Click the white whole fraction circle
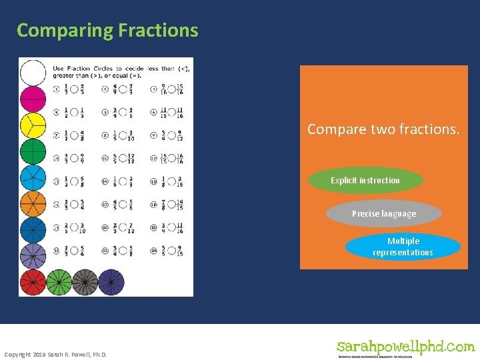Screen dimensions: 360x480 [33, 73]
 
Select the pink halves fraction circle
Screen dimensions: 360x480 [33, 99]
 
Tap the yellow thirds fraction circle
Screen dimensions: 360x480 [33, 125]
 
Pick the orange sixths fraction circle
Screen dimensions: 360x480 [33, 204]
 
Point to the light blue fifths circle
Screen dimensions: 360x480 [33, 178]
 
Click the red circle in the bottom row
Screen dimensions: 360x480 [33, 282]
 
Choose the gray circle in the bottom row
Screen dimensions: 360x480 [85, 282]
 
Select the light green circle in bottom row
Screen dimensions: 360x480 [59, 282]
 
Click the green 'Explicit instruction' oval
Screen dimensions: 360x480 [365, 181]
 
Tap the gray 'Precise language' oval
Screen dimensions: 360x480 [384, 214]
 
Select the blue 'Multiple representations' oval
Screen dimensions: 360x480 [403, 247]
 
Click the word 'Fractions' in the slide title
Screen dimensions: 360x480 [158, 31]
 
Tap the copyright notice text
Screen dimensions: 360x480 [55, 353]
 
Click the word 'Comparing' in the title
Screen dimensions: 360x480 [65, 31]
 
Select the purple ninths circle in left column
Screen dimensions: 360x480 [33, 256]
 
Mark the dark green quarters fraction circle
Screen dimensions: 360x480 [33, 151]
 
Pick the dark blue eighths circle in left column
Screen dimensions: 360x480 [33, 230]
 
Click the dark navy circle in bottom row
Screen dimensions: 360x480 [111, 282]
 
